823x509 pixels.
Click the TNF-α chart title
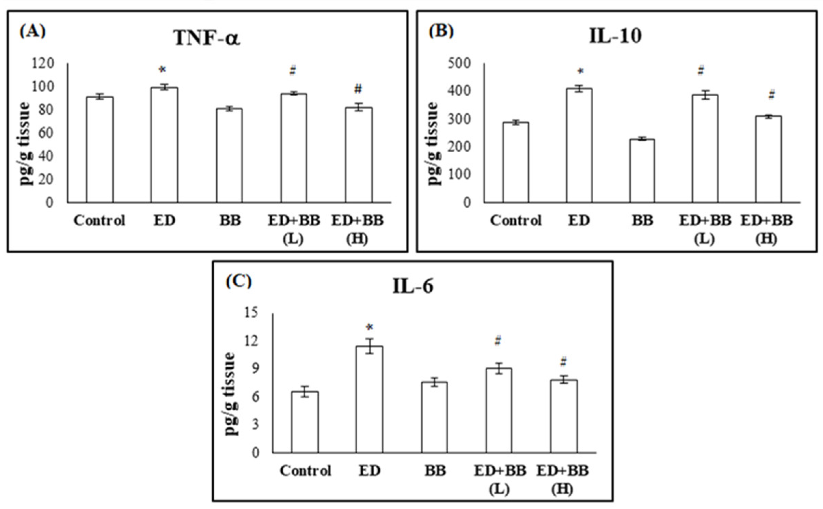[x=207, y=38]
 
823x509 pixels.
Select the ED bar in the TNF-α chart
[x=164, y=145]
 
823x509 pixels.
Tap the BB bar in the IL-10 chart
[x=642, y=171]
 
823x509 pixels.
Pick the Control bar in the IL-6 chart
[x=305, y=422]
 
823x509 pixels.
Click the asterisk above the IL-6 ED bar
[x=369, y=327]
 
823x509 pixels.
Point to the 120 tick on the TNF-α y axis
[x=43, y=63]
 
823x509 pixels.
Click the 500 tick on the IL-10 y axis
[x=459, y=63]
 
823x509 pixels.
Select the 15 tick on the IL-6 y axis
[x=251, y=313]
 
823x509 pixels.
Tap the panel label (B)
[x=441, y=31]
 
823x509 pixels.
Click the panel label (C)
[x=239, y=282]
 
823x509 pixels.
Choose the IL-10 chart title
[x=615, y=36]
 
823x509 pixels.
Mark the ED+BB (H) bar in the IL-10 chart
[x=768, y=159]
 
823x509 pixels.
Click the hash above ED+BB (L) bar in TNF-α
[x=293, y=71]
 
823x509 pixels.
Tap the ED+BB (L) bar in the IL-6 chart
[x=499, y=410]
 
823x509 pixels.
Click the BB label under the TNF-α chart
[x=230, y=221]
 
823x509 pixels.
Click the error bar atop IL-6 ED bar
[x=369, y=346]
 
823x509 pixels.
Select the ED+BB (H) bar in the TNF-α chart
[x=359, y=155]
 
